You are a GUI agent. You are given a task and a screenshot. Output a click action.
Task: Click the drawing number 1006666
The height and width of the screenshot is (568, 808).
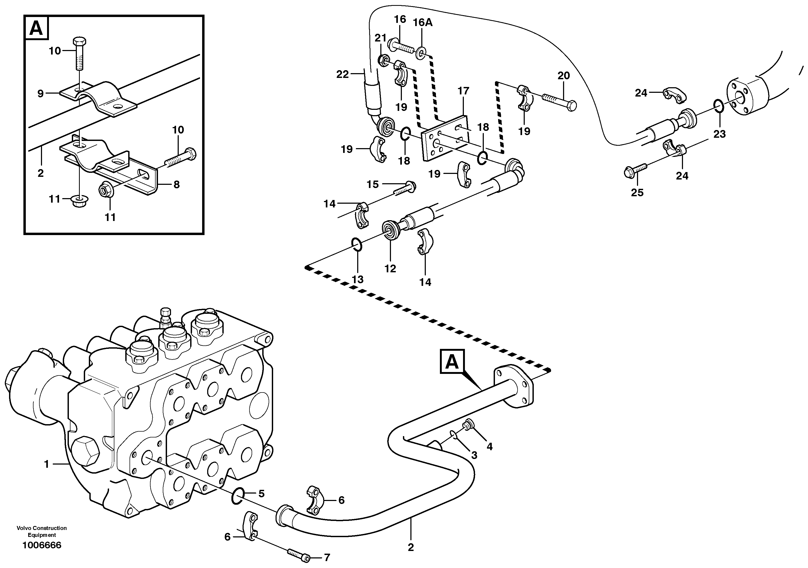pyautogui.click(x=41, y=545)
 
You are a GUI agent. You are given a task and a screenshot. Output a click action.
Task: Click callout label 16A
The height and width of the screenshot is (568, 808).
pyautogui.click(x=422, y=23)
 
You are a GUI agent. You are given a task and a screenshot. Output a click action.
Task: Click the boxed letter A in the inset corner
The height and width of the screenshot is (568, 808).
pyautogui.click(x=36, y=28)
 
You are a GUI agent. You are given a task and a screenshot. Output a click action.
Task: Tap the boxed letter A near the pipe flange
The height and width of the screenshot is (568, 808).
pyautogui.click(x=452, y=361)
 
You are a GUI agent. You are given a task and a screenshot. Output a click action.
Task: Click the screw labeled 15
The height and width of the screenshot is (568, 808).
pyautogui.click(x=405, y=188)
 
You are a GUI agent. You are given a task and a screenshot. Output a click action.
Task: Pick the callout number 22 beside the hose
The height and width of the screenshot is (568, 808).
pyautogui.click(x=342, y=74)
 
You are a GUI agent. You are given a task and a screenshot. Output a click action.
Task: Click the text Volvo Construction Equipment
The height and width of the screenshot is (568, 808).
pyautogui.click(x=41, y=531)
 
